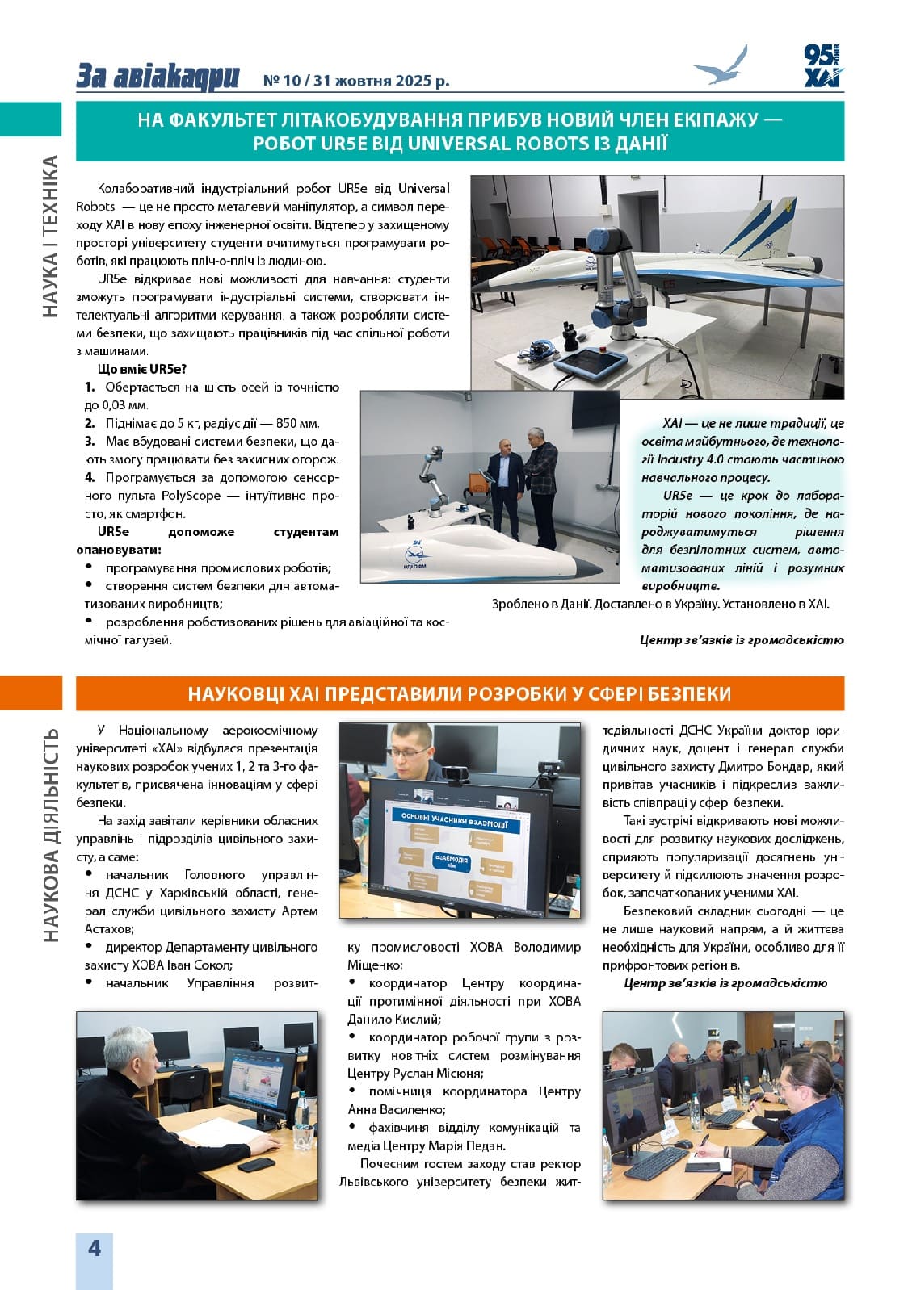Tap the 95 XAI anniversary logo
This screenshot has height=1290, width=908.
pos(822,65)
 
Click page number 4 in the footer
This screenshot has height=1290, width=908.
pos(95,1248)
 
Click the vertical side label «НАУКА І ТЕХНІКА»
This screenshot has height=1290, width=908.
pos(49,236)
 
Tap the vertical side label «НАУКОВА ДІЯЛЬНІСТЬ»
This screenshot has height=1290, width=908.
pos(50,835)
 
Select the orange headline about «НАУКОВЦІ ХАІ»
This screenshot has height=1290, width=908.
pos(460,693)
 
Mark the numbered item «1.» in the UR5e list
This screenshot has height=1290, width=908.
pos(90,387)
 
